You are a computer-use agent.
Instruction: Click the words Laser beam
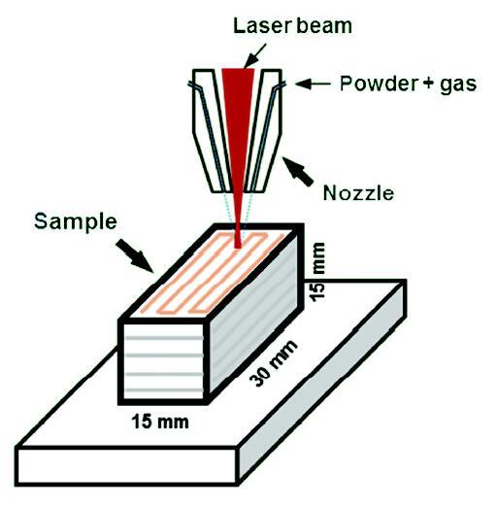point(292,26)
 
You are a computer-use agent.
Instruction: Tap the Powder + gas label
point(408,84)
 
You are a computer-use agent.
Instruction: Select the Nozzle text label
point(358,193)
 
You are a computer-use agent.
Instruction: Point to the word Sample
point(76,222)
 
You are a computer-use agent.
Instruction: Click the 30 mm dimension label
point(274,363)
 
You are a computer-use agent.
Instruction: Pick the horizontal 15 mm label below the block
point(160,422)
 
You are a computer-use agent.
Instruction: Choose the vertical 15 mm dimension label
point(317,272)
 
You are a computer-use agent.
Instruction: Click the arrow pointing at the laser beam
point(254,56)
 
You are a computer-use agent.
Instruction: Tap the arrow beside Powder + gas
point(313,84)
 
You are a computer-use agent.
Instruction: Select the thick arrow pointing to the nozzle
point(298,172)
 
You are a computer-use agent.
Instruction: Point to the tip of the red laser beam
point(238,249)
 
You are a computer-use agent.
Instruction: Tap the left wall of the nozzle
point(211,129)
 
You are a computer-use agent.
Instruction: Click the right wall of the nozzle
point(264,129)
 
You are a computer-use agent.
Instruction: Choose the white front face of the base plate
point(126,466)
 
